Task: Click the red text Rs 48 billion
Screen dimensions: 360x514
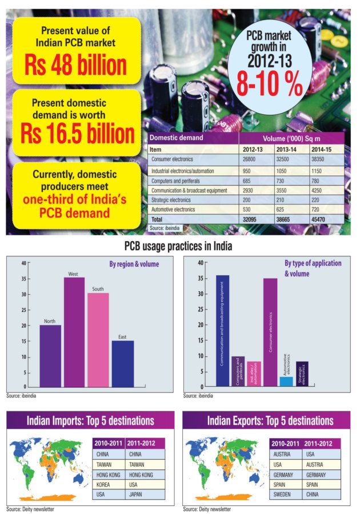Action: [75, 65]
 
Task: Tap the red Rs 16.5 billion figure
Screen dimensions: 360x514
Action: [77, 134]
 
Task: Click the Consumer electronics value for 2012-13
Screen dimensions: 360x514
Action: [249, 159]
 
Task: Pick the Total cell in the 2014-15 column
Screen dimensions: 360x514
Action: [318, 219]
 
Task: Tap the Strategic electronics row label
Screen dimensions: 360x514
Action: [171, 200]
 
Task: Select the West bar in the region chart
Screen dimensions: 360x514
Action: [74, 332]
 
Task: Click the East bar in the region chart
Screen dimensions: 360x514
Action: [123, 364]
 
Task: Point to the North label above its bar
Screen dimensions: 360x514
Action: [50, 321]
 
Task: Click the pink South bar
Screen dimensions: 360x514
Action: [98, 340]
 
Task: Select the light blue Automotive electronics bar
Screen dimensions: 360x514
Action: [286, 382]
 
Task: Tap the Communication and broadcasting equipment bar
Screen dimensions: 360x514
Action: [223, 331]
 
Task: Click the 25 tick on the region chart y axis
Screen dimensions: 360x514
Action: [24, 310]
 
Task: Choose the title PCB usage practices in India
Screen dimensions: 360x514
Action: [178, 246]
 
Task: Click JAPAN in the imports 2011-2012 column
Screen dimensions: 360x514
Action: [135, 495]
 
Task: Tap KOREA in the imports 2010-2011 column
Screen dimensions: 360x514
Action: [103, 484]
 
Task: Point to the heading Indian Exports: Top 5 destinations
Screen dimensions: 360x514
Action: [270, 421]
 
